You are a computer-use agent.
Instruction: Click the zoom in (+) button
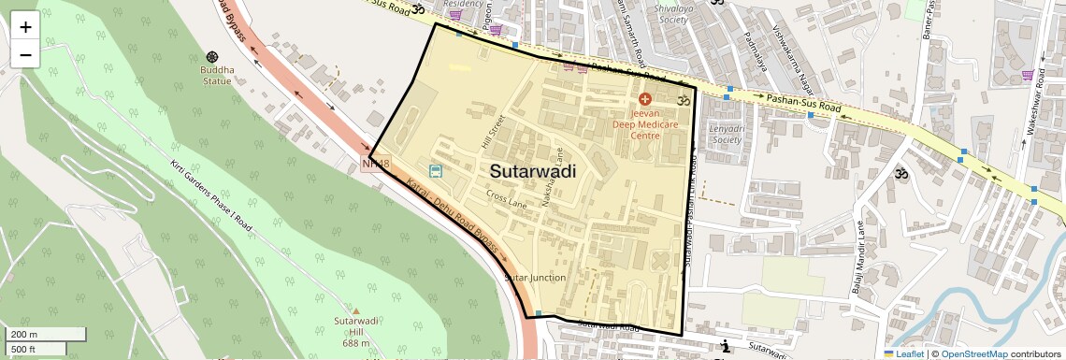point(25,26)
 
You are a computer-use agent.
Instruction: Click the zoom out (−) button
point(25,54)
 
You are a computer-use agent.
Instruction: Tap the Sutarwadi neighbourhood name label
point(532,172)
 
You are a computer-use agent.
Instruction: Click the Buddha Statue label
point(217,75)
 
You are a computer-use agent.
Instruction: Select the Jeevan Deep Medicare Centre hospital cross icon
point(643,98)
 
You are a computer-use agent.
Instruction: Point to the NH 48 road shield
point(374,165)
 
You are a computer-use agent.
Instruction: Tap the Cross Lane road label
point(506,199)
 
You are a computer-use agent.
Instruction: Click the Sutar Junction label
point(535,278)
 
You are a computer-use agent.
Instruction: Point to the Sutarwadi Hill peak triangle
point(355,310)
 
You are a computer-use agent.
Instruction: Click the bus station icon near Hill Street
point(435,170)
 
